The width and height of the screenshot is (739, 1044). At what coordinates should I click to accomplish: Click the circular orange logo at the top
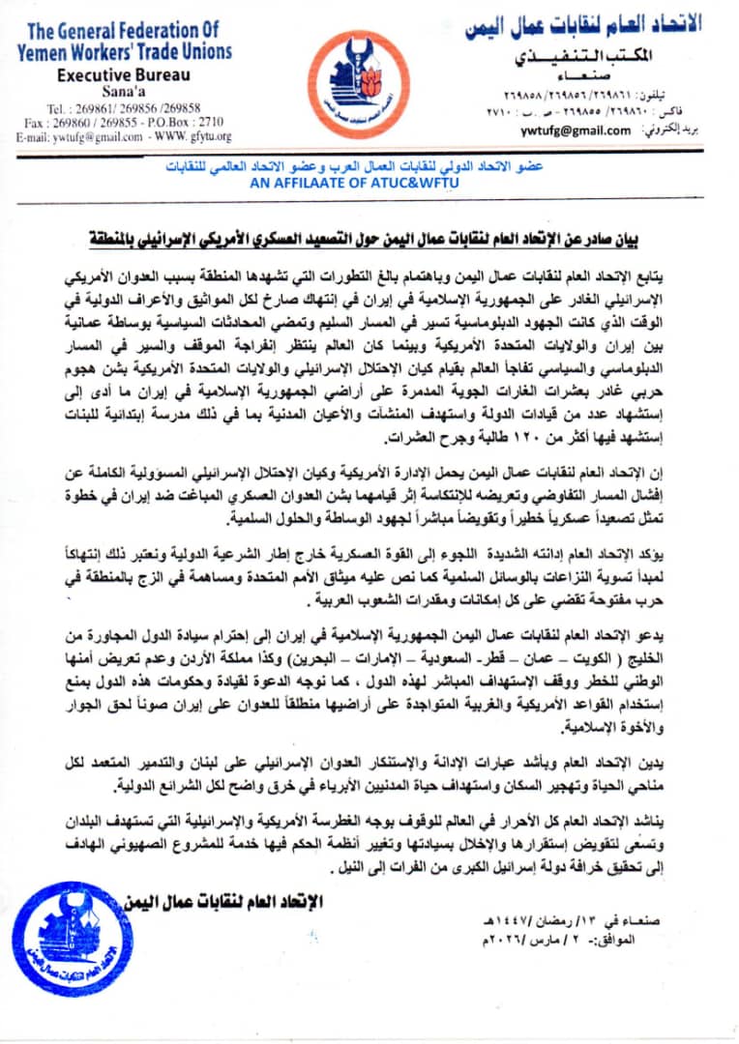[x=369, y=85]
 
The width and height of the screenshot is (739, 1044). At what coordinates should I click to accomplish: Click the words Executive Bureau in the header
[x=123, y=75]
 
